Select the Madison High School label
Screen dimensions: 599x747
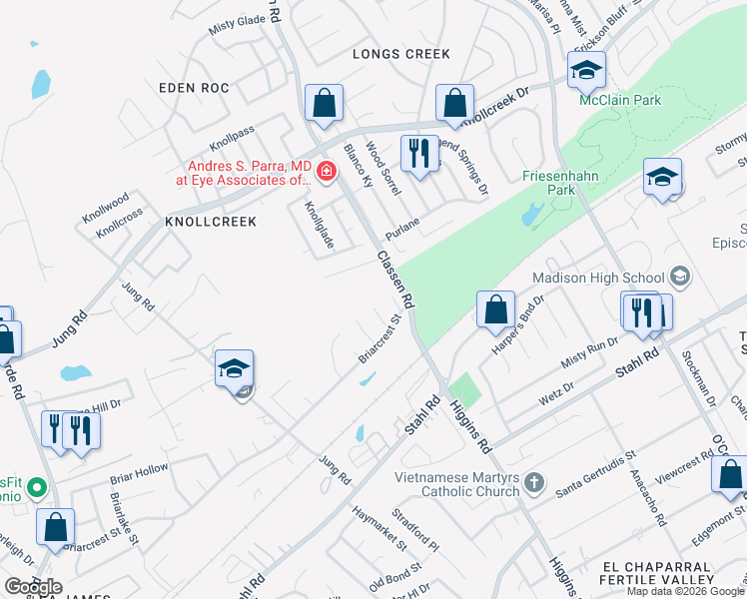click(598, 278)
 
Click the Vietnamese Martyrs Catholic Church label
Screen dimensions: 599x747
click(457, 484)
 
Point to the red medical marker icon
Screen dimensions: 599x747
click(325, 173)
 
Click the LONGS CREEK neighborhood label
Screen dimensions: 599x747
click(401, 54)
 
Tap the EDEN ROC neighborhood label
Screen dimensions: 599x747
click(194, 88)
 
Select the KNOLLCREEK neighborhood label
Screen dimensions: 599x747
click(211, 221)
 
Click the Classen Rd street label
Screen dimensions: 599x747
click(395, 279)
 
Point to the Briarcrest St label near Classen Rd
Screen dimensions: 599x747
click(379, 340)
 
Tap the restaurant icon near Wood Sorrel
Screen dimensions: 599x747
click(418, 154)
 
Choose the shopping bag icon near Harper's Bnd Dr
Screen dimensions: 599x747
click(495, 309)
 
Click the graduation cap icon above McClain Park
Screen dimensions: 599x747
click(586, 70)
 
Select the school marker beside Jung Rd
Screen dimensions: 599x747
click(234, 368)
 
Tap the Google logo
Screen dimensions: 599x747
click(32, 587)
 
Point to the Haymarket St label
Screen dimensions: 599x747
click(379, 527)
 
